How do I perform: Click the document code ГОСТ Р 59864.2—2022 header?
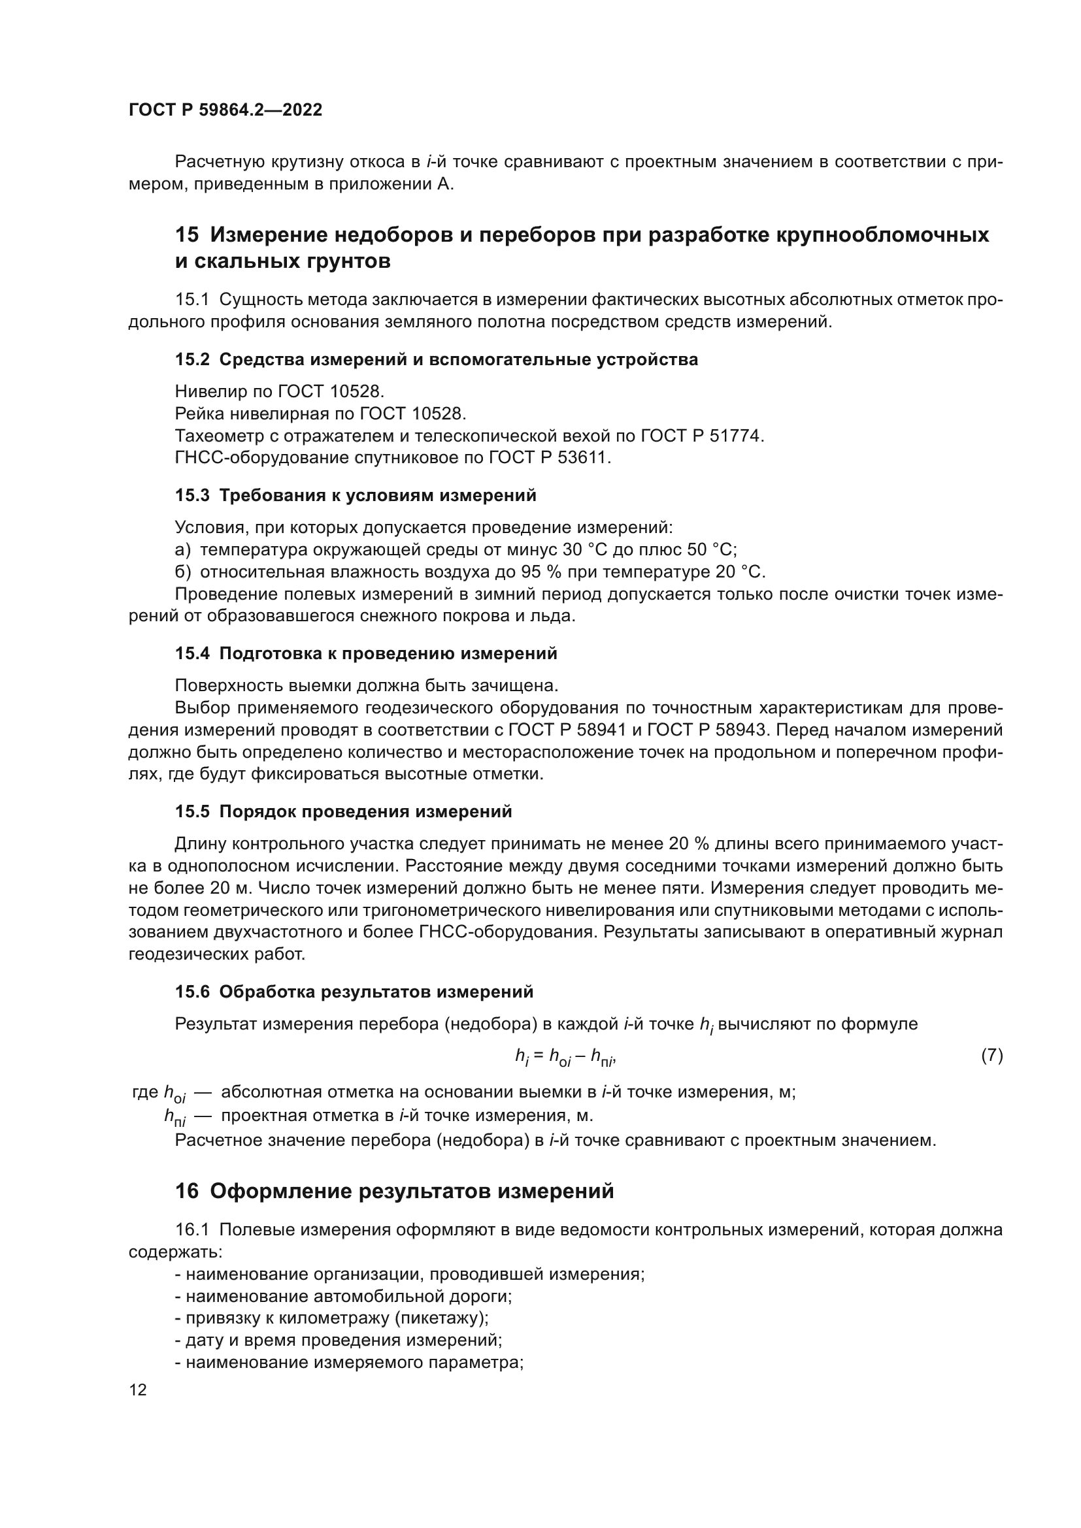click(225, 110)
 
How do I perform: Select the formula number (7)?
click(992, 1055)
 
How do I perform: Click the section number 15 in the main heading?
click(187, 235)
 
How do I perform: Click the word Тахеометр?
click(216, 436)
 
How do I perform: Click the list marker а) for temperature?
click(182, 549)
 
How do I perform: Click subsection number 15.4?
click(191, 653)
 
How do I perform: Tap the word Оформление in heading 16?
click(281, 1192)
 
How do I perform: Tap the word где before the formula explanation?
click(145, 1092)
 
